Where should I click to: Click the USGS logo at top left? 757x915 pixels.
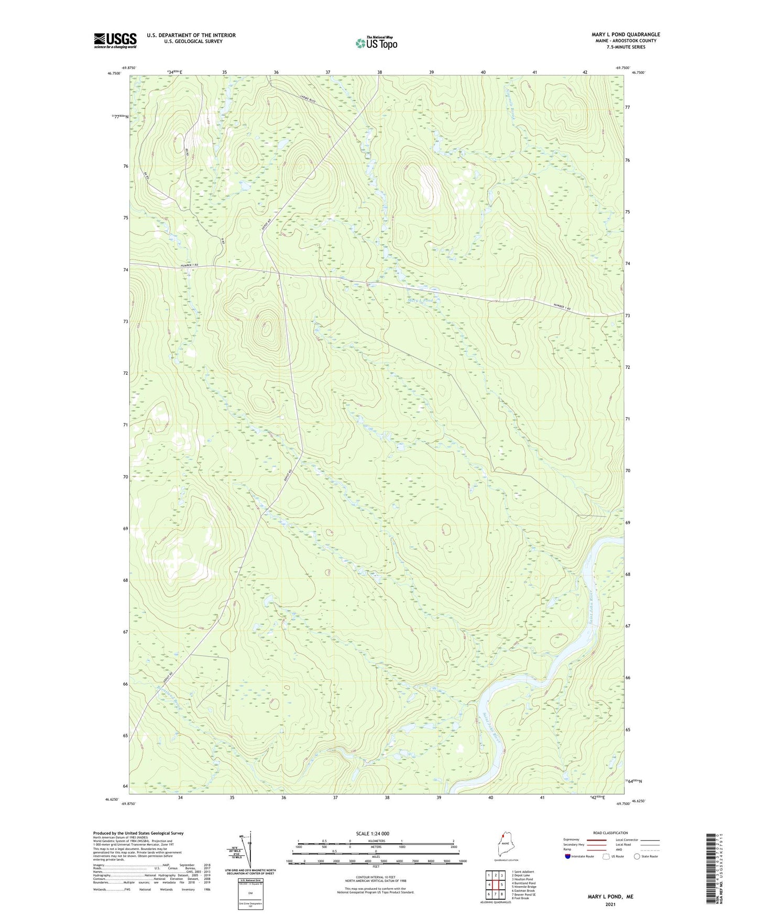coord(115,40)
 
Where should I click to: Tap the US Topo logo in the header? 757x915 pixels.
coord(376,43)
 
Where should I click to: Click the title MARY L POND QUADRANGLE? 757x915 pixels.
coord(626,35)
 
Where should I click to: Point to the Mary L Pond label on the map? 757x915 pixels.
coord(420,300)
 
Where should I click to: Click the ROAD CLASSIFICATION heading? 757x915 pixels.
coord(610,833)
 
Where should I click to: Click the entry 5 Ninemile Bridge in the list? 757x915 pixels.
coord(524,887)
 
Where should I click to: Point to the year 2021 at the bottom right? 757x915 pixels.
coord(610,905)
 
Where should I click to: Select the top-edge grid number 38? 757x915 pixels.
coord(379,72)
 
